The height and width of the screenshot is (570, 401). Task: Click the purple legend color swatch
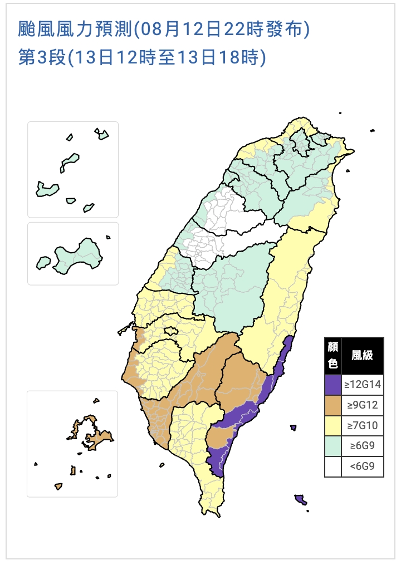333,384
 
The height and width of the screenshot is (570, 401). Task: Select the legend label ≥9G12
362,405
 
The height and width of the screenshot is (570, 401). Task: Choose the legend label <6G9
362,467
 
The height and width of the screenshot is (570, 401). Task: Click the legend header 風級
362,355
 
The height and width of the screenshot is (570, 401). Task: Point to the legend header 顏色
333,355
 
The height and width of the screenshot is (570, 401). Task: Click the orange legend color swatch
333,405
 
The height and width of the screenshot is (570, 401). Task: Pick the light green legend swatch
333,446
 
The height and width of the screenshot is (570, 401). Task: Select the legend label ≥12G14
362,384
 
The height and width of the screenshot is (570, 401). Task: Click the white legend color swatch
333,467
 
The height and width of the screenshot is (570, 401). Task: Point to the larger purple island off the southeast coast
301,499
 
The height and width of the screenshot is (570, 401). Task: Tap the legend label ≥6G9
362,446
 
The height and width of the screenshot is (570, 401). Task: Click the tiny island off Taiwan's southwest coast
162,465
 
